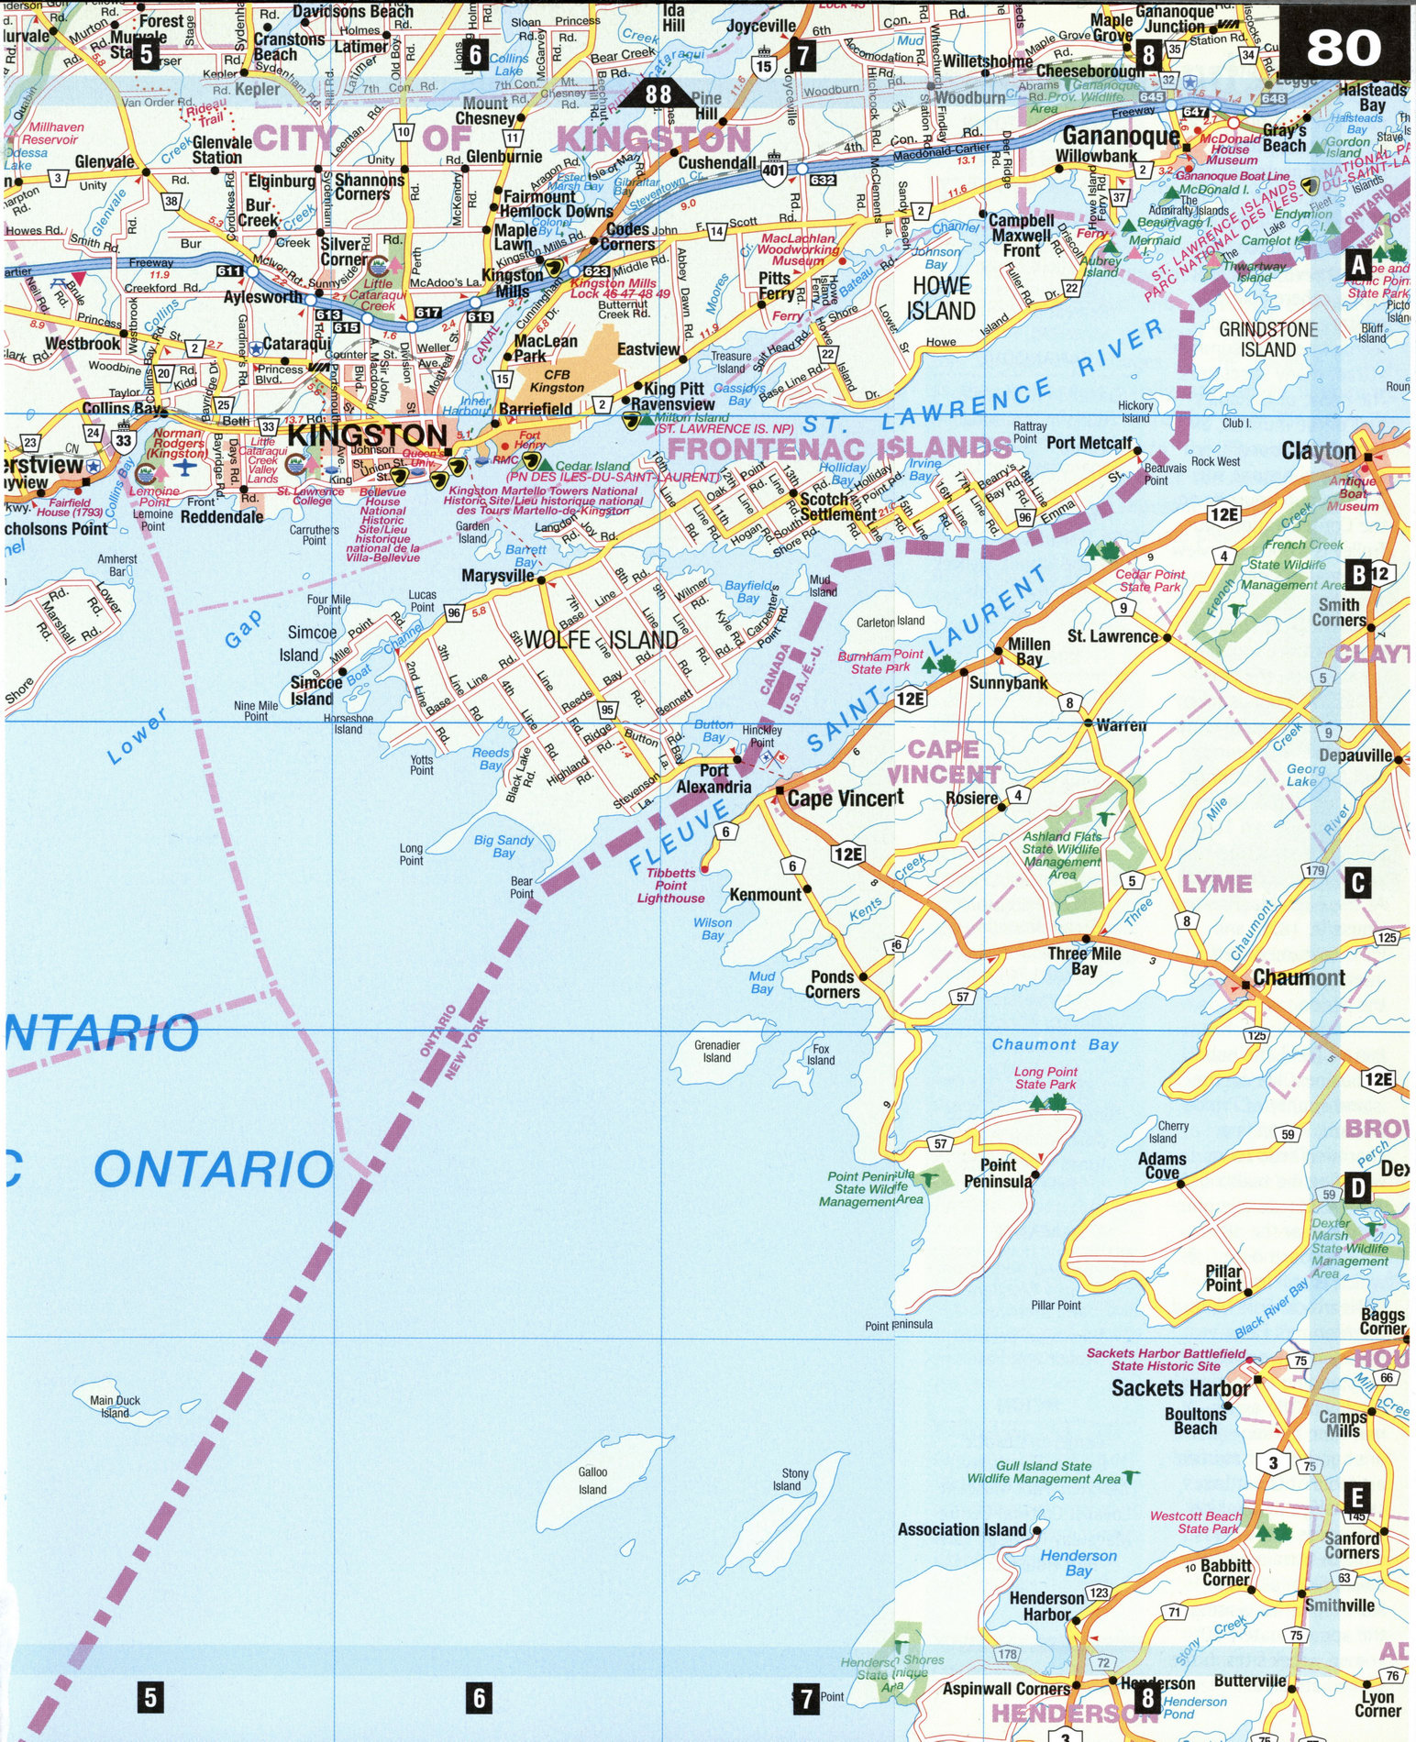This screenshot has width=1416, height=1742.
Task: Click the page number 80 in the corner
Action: click(x=1344, y=47)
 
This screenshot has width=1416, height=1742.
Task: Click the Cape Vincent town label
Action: click(x=845, y=799)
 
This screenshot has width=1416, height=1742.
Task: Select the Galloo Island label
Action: click(x=592, y=1481)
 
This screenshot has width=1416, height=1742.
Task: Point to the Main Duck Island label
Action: click(x=116, y=1406)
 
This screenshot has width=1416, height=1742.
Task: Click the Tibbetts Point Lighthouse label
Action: click(x=670, y=886)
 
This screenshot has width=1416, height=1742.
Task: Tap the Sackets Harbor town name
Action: click(x=1179, y=1388)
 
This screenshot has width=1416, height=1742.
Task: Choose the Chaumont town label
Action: click(x=1298, y=977)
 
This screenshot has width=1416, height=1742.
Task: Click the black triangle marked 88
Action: click(x=658, y=94)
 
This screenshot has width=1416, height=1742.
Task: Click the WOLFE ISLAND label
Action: click(x=600, y=640)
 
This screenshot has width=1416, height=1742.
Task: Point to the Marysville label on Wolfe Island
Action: click(x=498, y=576)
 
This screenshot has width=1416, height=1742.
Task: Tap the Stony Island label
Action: click(x=790, y=1479)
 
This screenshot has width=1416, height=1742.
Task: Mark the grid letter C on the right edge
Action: click(x=1357, y=884)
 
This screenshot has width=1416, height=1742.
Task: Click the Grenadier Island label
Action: click(x=716, y=1051)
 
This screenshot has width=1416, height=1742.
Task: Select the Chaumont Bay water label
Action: click(x=1055, y=1044)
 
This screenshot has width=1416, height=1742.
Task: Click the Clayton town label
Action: click(x=1318, y=450)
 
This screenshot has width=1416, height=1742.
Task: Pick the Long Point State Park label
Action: click(x=1045, y=1077)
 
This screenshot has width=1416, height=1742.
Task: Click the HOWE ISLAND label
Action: click(x=941, y=299)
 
